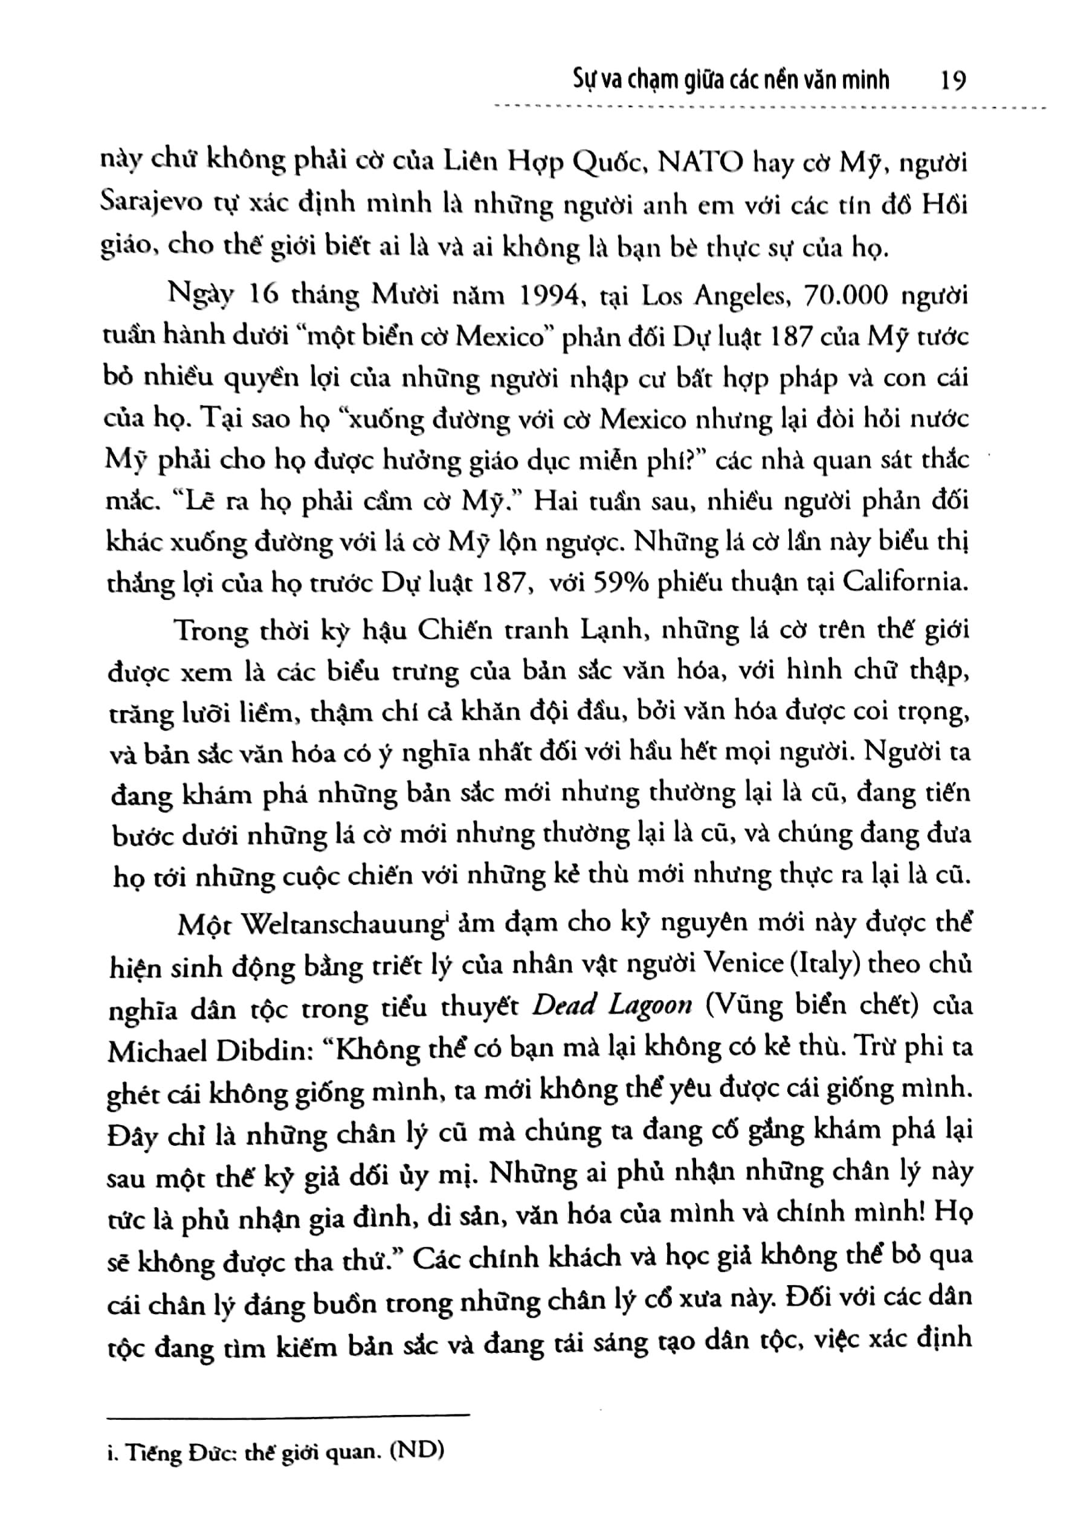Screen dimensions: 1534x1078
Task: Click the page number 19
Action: (x=952, y=81)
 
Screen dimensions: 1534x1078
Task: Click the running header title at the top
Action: (x=732, y=81)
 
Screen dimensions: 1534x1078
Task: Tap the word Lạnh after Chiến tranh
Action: (x=587, y=631)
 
